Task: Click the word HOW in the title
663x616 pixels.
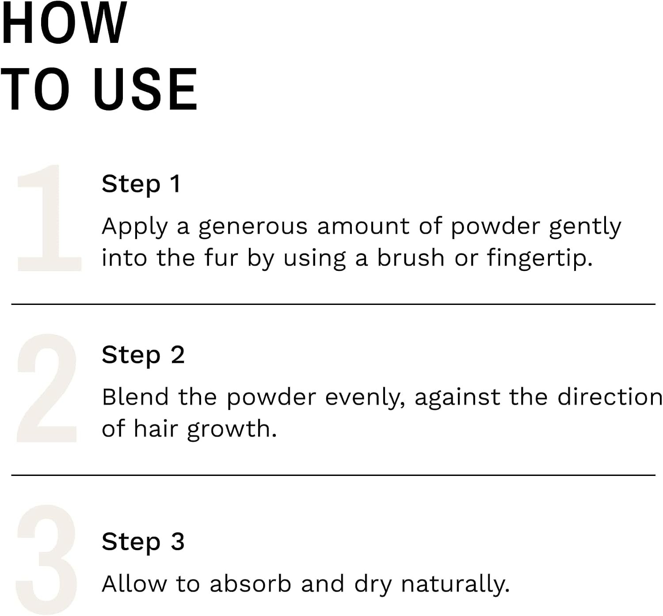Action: (x=64, y=22)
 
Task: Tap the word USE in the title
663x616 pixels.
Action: (x=146, y=89)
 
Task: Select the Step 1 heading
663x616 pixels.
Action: (x=141, y=184)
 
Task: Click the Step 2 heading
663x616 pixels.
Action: (x=143, y=355)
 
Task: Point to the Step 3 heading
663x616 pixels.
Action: (x=143, y=542)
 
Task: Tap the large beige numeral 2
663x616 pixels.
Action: (x=47, y=388)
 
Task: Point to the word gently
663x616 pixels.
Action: (x=585, y=227)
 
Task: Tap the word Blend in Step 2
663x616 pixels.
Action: (x=135, y=397)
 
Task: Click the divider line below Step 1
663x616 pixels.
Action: (x=333, y=304)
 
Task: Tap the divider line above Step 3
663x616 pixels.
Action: (x=333, y=475)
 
